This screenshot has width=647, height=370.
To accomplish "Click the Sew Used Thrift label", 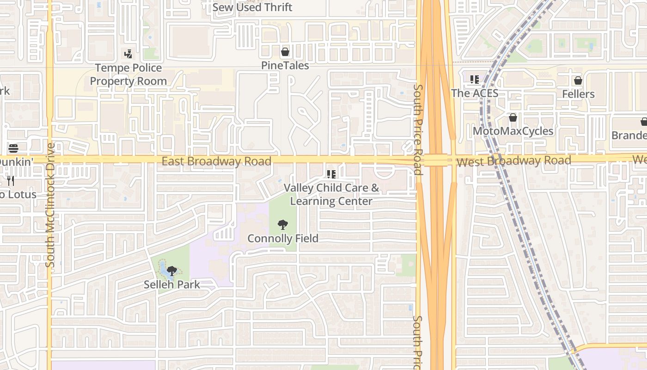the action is coord(252,7).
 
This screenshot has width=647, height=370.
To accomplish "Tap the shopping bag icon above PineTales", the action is coord(285,52).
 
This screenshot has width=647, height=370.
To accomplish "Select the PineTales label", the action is coord(285,66).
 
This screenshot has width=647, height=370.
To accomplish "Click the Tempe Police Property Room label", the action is coord(128,74).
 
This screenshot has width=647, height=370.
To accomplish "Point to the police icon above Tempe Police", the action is coord(128,54).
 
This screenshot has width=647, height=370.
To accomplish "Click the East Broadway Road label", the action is coord(216,161).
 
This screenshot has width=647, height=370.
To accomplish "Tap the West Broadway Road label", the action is coord(513,161).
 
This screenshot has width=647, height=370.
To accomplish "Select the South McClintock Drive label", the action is coord(50,205).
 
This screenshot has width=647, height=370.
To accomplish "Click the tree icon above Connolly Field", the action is coord(283,225).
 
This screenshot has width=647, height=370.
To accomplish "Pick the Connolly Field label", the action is coord(283,239).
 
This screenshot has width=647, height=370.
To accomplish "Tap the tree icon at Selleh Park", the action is coord(172,271).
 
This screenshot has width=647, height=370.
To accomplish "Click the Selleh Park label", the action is coord(172,284).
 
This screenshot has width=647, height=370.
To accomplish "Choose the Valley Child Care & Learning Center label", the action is coord(331,194).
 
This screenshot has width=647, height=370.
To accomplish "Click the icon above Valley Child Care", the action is coord(331,174).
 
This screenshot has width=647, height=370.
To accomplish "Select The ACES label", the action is coord(475,93).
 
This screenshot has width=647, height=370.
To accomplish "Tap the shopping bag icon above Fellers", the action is coord(578,81).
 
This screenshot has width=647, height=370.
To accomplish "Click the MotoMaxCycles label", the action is coord(513,131).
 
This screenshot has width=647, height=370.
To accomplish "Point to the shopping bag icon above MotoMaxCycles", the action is coord(513,118).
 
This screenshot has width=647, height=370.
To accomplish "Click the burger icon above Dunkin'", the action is coord(13,148).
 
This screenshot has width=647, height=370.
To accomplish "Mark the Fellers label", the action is coord(578,94).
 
